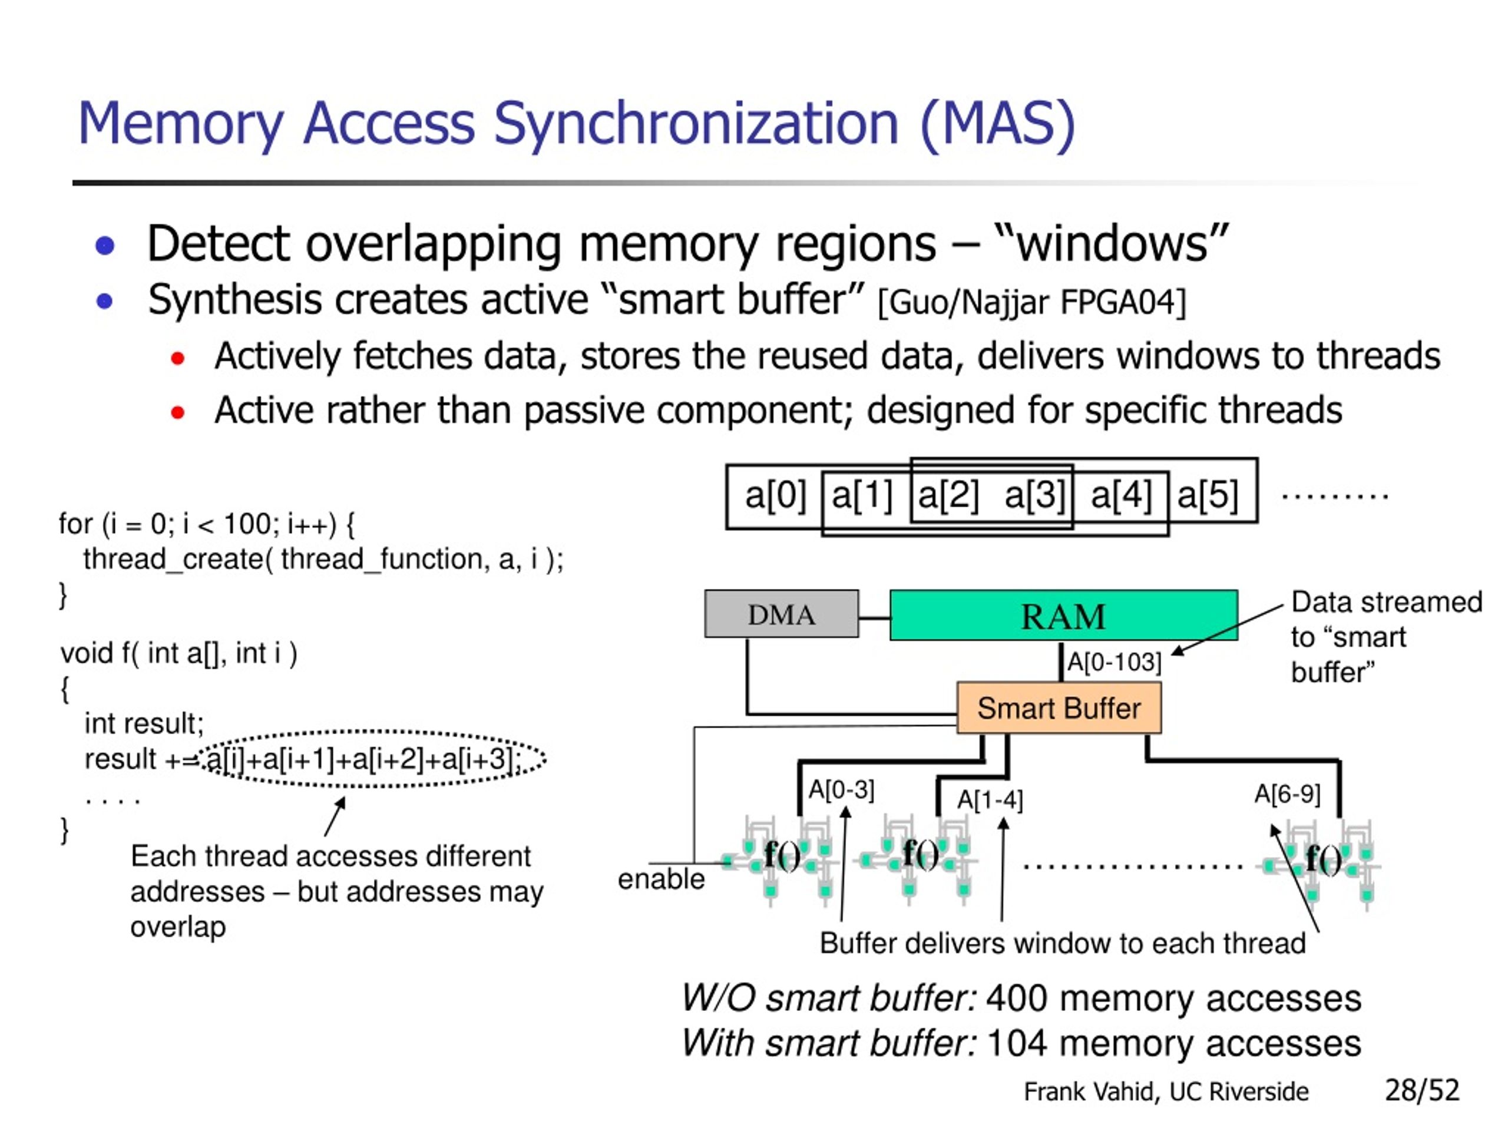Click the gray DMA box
781,614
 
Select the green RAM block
1063,616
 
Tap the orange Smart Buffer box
1058,708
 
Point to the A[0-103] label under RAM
1113,662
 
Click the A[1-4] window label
990,800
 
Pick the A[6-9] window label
1287,793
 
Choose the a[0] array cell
775,495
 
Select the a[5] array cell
1208,495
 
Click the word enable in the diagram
660,879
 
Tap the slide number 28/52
1422,1090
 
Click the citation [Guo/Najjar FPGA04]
1032,303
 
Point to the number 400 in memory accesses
1016,998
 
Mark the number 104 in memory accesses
1016,1044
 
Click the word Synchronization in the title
695,124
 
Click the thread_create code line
323,560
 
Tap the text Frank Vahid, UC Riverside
1166,1092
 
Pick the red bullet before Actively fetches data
178,358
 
